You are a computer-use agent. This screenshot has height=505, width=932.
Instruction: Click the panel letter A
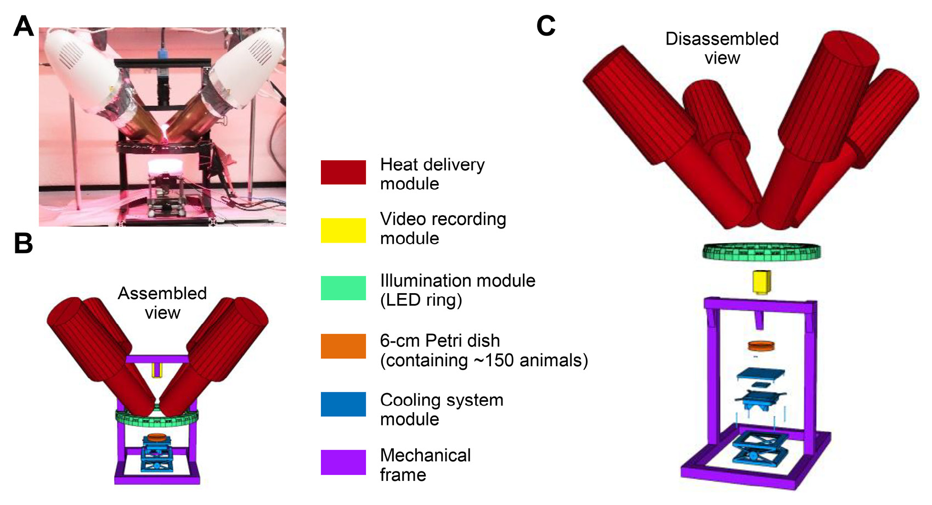[24, 26]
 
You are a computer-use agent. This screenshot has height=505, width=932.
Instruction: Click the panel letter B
[24, 243]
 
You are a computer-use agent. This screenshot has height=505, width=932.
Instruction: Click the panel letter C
[546, 26]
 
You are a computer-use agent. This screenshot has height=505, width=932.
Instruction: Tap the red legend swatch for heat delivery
[343, 172]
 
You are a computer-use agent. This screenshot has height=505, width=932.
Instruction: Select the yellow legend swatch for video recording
[343, 230]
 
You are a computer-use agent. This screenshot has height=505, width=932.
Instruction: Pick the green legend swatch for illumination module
[343, 288]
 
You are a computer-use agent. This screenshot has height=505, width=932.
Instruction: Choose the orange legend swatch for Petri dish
[343, 346]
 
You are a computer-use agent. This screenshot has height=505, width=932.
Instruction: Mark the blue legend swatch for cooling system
[343, 404]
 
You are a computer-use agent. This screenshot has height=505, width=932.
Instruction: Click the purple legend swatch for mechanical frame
[343, 462]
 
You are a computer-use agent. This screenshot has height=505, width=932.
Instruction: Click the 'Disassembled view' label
[722, 48]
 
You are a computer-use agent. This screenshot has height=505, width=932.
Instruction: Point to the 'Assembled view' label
[162, 302]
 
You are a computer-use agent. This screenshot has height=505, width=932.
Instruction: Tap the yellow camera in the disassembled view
[761, 282]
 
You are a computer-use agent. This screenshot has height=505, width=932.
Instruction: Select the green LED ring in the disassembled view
[762, 251]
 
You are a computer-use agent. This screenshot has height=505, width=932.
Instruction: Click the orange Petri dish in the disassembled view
[761, 346]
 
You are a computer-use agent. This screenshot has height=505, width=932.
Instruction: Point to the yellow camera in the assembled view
[157, 369]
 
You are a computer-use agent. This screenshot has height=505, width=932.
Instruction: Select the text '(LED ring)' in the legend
[421, 300]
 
